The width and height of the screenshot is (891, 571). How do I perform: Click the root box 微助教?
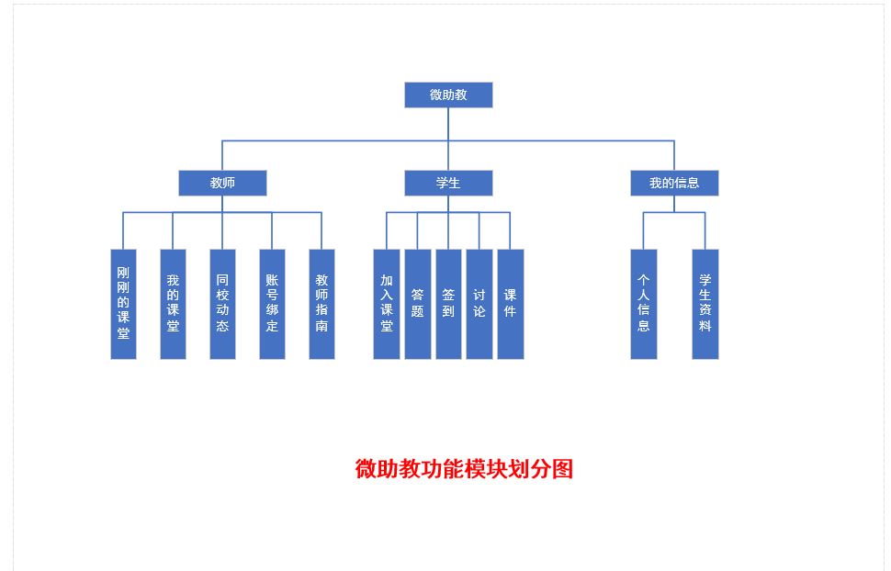448,95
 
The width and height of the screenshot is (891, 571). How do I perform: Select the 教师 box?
222,183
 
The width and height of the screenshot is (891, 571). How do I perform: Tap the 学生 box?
448,183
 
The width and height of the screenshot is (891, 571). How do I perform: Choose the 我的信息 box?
674,183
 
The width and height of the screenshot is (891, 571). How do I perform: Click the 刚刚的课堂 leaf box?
123,304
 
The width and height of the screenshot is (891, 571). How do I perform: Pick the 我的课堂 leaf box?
173,304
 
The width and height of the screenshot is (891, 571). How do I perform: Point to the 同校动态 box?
222,304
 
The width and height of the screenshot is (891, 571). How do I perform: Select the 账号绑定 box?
272,304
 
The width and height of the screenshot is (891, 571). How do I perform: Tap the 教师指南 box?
321,304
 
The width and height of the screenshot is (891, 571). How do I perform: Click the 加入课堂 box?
387,304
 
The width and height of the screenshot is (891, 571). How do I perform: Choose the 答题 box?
418,304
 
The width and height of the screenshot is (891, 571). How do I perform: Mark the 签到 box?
448,304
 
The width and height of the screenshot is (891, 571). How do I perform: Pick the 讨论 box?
479,304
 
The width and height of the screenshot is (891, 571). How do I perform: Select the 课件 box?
511,304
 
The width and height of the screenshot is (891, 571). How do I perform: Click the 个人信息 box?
644,304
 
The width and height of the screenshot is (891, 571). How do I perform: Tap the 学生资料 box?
705,304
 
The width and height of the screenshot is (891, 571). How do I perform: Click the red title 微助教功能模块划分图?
464,469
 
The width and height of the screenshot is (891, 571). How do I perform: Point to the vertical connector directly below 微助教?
448,124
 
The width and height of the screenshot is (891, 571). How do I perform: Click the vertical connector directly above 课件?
511,230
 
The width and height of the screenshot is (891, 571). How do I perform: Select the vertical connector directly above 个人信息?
644,230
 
